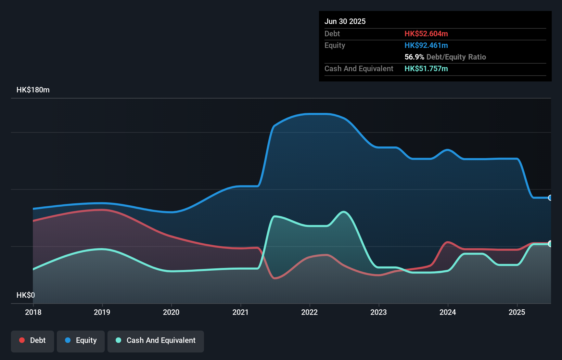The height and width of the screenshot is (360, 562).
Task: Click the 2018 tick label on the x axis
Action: [33, 312]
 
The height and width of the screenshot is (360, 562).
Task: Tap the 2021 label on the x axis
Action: [240, 312]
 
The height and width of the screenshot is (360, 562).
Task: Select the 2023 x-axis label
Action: [379, 312]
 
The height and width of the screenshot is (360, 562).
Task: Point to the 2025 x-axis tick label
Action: [517, 312]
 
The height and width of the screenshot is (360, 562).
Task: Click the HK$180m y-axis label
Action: [33, 90]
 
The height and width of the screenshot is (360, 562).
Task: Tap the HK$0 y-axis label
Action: [26, 295]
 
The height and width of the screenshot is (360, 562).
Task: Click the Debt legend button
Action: [33, 340]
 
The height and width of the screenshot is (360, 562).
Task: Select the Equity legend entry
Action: [81, 340]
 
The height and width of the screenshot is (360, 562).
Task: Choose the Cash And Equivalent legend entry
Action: [156, 340]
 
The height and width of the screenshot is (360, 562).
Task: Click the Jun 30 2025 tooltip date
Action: [345, 21]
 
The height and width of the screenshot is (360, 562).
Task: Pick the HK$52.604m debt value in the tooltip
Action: [426, 34]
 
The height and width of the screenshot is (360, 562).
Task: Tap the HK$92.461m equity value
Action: [426, 45]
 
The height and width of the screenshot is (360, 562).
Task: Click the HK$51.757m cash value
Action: [426, 68]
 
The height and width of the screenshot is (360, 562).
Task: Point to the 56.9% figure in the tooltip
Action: [414, 57]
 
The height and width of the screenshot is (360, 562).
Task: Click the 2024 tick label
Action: [448, 312]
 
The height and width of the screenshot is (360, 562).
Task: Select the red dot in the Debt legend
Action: [22, 340]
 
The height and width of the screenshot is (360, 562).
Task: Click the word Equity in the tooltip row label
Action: [335, 45]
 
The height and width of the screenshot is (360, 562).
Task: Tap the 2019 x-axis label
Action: [102, 312]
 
